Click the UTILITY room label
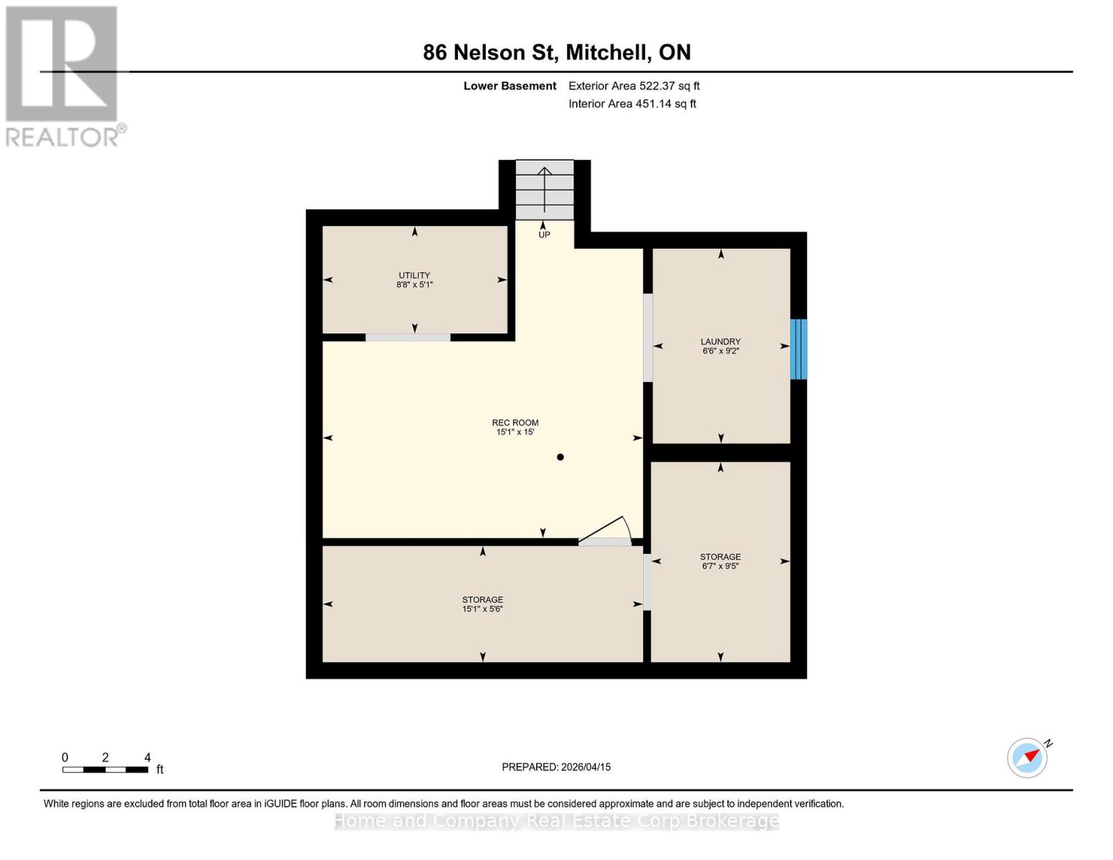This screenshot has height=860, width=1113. (x=414, y=275)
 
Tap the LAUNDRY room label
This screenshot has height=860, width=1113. (x=720, y=342)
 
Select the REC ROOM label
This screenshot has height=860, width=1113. (x=515, y=423)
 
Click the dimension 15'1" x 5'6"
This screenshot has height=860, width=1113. (x=482, y=609)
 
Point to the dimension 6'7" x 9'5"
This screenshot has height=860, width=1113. (x=720, y=566)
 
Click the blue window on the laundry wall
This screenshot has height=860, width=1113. (x=798, y=349)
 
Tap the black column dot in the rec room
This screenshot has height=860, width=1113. (x=560, y=457)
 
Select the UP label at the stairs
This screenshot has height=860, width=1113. (x=544, y=235)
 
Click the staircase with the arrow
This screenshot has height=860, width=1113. (x=545, y=189)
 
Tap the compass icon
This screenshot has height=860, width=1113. (x=1028, y=758)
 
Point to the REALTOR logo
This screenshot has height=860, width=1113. (x=63, y=75)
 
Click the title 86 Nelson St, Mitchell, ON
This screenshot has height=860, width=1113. (x=557, y=52)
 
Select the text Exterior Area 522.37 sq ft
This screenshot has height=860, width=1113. (x=634, y=86)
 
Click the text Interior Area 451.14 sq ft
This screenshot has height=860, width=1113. (x=632, y=104)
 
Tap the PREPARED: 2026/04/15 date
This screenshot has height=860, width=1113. (x=556, y=767)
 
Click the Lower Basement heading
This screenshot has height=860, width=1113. (x=510, y=86)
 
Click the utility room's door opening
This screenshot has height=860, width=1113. (x=408, y=338)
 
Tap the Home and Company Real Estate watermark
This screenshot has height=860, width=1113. (x=556, y=821)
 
